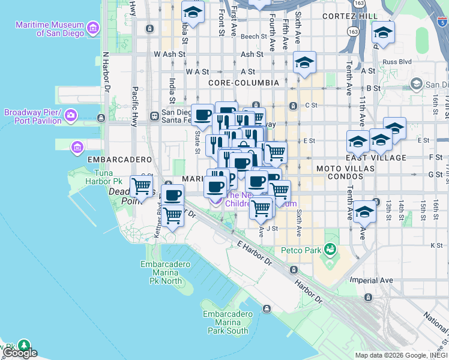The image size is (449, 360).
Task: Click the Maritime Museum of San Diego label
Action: point(52,28)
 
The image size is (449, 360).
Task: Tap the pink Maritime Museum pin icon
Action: point(92,28)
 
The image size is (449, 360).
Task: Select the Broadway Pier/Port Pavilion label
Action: point(33,116)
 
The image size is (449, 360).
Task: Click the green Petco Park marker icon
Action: point(329,248)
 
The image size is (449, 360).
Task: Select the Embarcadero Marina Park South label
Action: point(226,322)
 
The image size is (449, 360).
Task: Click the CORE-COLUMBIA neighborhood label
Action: point(244,82)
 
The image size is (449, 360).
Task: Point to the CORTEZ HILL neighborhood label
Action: point(349,16)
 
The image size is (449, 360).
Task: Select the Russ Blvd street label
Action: point(397,61)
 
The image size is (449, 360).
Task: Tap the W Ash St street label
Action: point(166,53)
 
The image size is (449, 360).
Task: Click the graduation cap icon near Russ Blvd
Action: point(382,32)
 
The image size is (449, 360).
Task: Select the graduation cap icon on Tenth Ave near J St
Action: point(364,212)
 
